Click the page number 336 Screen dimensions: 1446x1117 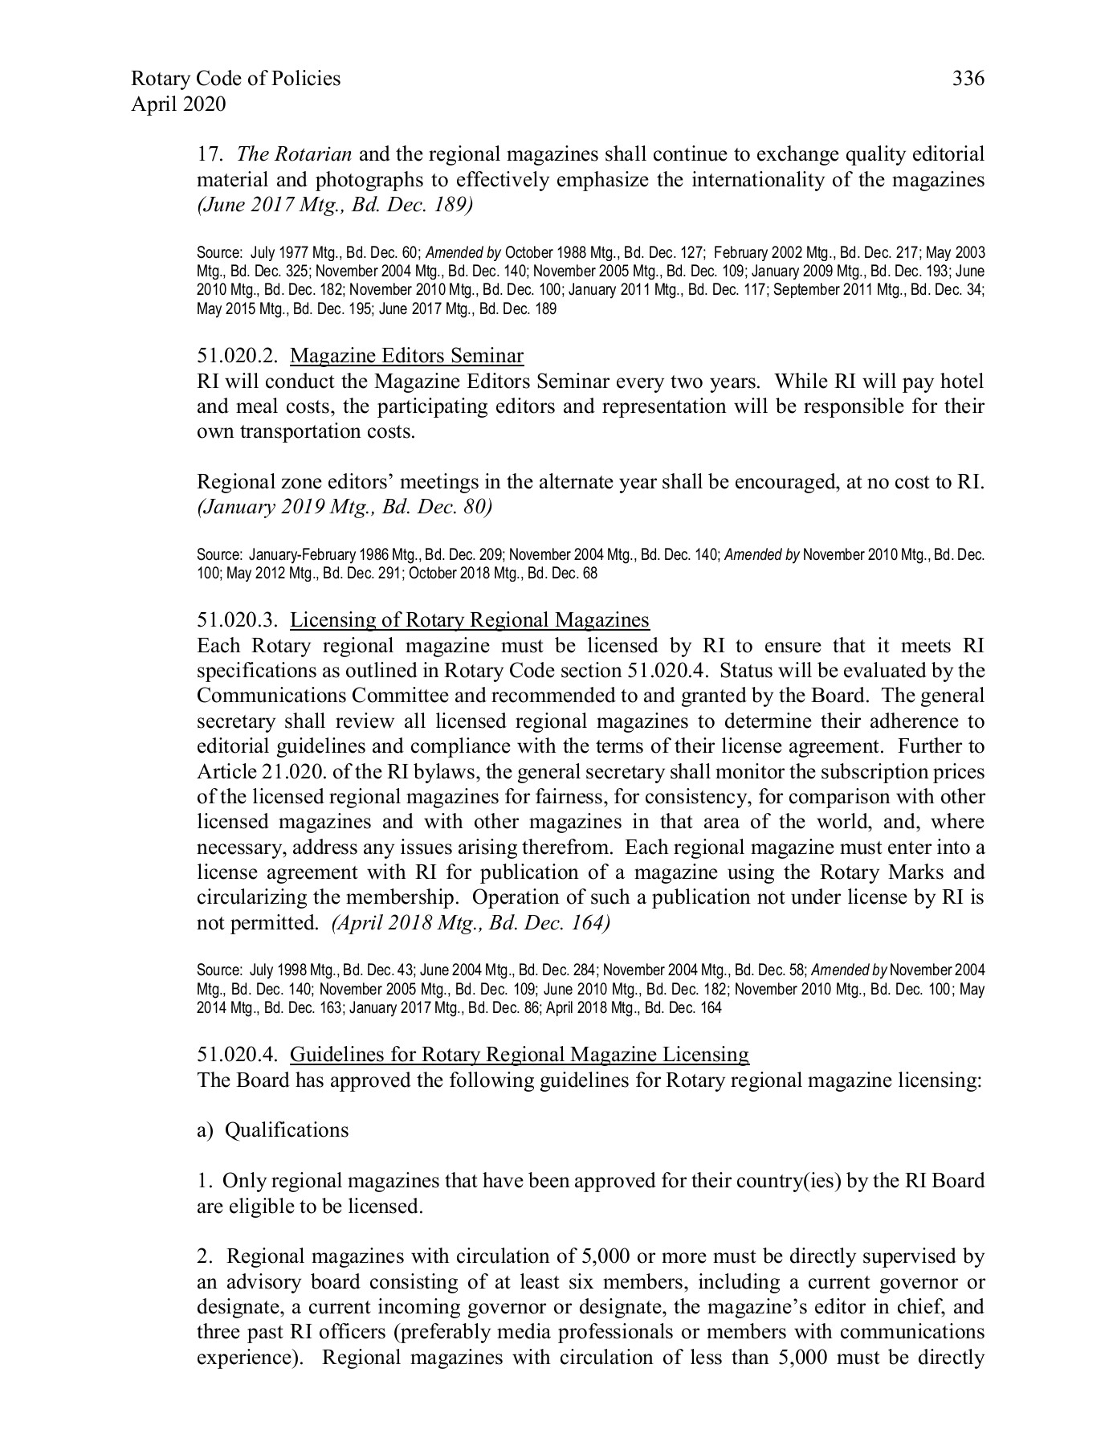point(968,79)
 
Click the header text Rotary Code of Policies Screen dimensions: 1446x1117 point(235,79)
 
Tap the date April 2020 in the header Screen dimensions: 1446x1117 point(178,104)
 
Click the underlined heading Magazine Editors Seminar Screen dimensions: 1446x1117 point(406,356)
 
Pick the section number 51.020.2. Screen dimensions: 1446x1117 point(238,356)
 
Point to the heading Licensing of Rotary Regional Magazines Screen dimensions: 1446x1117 point(470,620)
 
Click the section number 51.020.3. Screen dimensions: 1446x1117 point(238,620)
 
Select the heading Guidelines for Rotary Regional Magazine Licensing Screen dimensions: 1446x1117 point(520,1055)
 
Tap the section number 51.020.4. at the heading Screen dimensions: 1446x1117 point(238,1055)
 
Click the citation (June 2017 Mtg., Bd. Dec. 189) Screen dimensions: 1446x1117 point(335,206)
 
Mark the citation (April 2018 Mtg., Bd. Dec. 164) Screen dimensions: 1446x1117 point(471,923)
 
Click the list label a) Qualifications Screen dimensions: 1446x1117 point(273,1130)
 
